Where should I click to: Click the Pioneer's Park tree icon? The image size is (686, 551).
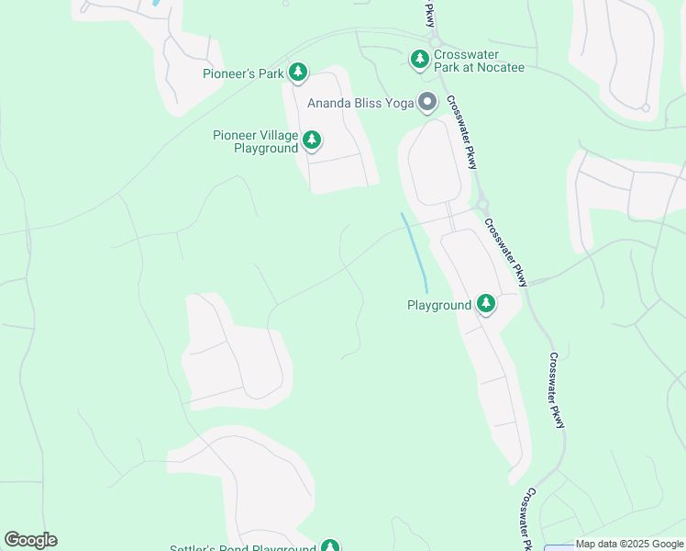coord(297,72)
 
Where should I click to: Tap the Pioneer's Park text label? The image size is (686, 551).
coord(243,73)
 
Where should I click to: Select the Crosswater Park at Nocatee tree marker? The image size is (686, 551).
coord(419,60)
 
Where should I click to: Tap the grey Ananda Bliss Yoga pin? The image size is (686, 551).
coord(426,102)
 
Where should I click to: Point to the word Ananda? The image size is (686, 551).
coord(330,103)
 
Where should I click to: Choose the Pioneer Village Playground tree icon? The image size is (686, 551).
coord(312,140)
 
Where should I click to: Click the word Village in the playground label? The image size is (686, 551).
coord(276,135)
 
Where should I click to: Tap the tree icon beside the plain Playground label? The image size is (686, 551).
coord(485,304)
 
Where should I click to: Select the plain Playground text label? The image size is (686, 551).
coord(438,305)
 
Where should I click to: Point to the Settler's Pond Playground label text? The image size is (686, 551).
coord(243,548)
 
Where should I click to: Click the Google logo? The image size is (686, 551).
coord(30,540)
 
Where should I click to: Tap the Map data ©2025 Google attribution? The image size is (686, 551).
coord(629,545)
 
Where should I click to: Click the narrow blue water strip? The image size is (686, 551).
coord(415,248)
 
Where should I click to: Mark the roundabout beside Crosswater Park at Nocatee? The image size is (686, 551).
coord(435,41)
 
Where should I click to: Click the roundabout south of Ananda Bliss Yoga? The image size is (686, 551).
coord(481,205)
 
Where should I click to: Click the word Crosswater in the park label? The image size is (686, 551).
coord(467,54)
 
